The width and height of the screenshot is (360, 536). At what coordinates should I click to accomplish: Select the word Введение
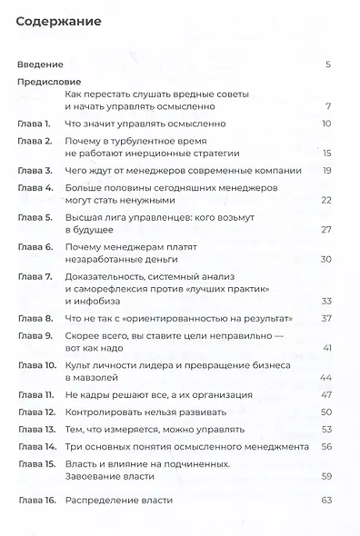[x=40, y=65]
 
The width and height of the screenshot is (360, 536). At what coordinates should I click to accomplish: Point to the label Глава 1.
[x=36, y=123]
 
